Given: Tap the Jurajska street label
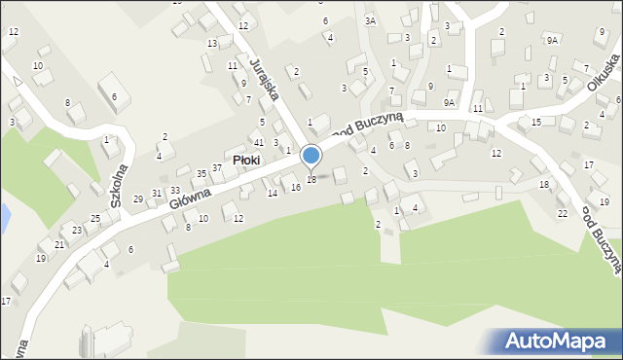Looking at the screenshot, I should [265, 78].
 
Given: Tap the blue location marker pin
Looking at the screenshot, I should [311, 157].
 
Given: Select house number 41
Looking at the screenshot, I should [258, 143].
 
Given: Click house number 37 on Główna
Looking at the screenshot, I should [218, 168].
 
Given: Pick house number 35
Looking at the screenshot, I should [202, 174].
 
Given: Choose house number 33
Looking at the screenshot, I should [175, 190].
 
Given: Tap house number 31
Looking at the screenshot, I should [157, 194].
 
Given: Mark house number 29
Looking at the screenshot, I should [139, 199].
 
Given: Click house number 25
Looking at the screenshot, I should [95, 219].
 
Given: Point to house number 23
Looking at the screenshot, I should [77, 231].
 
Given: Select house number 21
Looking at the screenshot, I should [59, 244].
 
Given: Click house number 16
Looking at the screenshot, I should [296, 188].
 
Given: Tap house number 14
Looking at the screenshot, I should [273, 194].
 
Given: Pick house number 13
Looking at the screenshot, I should [211, 44].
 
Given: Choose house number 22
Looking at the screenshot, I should [563, 213].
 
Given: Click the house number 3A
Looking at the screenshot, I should [370, 20].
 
